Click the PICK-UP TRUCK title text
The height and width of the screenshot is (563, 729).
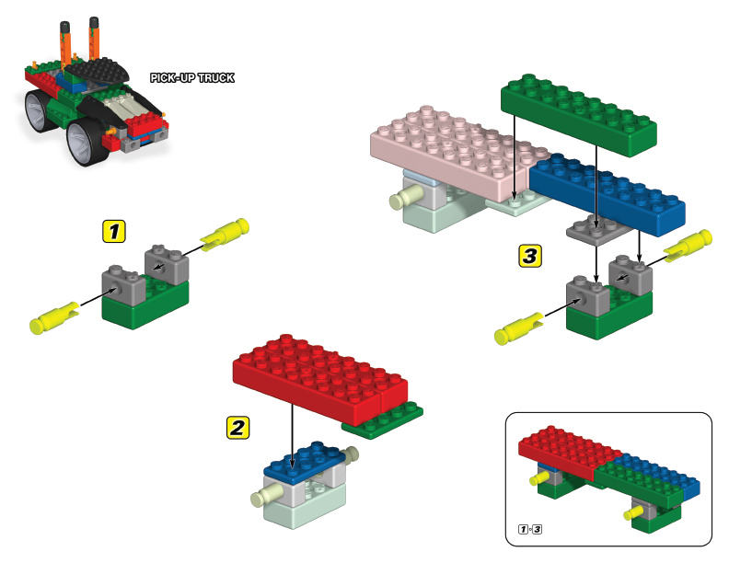[x=192, y=78]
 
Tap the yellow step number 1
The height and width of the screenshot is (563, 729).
[x=113, y=230]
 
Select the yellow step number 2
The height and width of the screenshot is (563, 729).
[x=237, y=426]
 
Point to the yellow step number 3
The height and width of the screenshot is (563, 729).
[x=529, y=255]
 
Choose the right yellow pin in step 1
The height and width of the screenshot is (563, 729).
[x=226, y=233]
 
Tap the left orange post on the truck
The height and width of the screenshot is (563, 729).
[x=65, y=41]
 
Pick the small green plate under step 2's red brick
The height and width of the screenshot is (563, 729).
[x=385, y=420]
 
